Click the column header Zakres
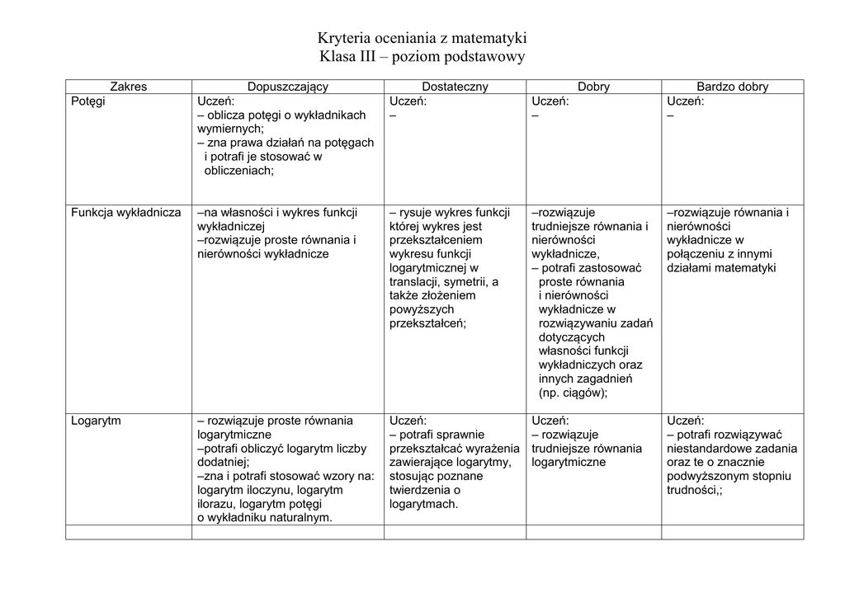tap(128, 87)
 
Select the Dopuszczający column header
tap(288, 87)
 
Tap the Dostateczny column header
tap(455, 87)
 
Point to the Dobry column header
tap(593, 87)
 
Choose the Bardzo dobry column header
tap(732, 87)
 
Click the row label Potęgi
tap(87, 101)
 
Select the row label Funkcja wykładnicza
tap(125, 212)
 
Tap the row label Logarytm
tap(96, 421)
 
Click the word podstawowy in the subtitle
tap(484, 57)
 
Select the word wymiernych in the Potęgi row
tap(229, 129)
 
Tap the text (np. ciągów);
tap(573, 393)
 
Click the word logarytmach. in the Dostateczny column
tap(423, 504)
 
